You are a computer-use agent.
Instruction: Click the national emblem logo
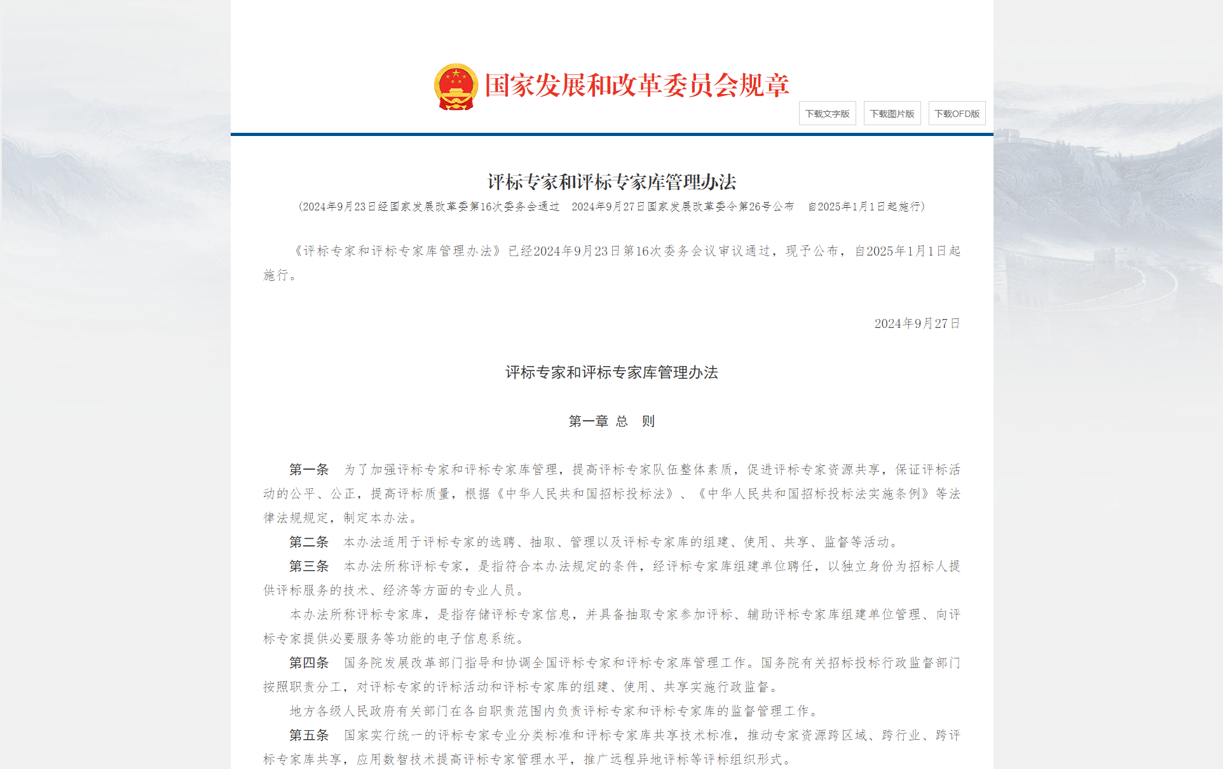[x=456, y=86]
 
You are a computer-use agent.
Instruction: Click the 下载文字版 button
[x=827, y=114]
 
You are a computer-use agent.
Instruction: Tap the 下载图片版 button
[x=892, y=114]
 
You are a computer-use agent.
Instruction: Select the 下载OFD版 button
[x=957, y=114]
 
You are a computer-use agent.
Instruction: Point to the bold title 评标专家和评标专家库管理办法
[x=611, y=182]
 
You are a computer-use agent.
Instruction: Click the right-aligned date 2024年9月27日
[x=917, y=324]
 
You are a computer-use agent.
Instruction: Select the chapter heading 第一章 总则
[x=611, y=421]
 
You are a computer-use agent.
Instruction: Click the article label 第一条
[x=309, y=470]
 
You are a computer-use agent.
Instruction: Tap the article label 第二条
[x=309, y=542]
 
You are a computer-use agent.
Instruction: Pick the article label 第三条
[x=309, y=566]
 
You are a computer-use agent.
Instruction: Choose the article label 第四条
[x=309, y=663]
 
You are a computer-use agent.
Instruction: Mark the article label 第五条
[x=309, y=735]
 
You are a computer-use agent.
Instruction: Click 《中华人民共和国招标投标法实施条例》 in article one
[x=813, y=494]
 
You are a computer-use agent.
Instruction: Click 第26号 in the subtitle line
[x=755, y=207]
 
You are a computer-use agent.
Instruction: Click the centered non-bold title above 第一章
[x=611, y=372]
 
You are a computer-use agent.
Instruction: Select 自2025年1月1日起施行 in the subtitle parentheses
[x=864, y=207]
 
